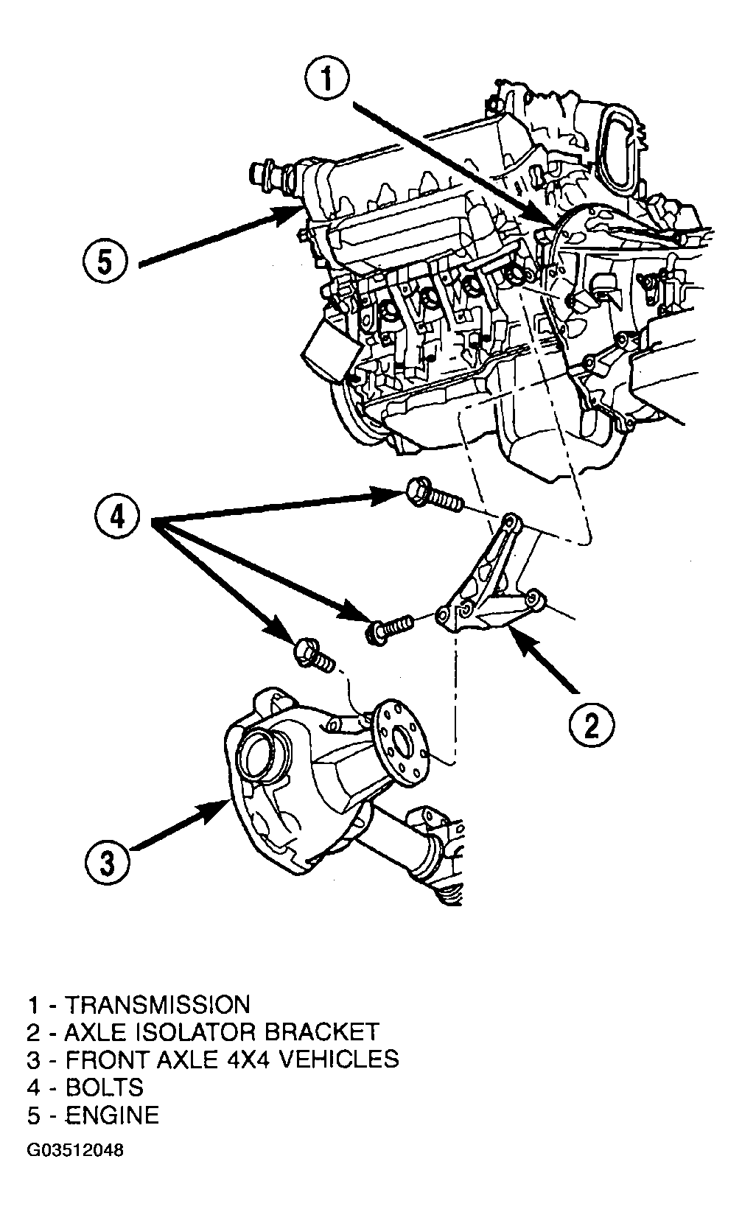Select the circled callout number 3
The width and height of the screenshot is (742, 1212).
point(108,863)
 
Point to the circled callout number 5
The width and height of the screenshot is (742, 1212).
point(105,262)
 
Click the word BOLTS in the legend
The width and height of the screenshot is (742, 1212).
point(105,1087)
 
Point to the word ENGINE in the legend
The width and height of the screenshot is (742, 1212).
point(112,1115)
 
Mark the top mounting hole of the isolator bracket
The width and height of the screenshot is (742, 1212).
point(511,524)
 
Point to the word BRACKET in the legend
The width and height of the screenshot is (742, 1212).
point(322,1031)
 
